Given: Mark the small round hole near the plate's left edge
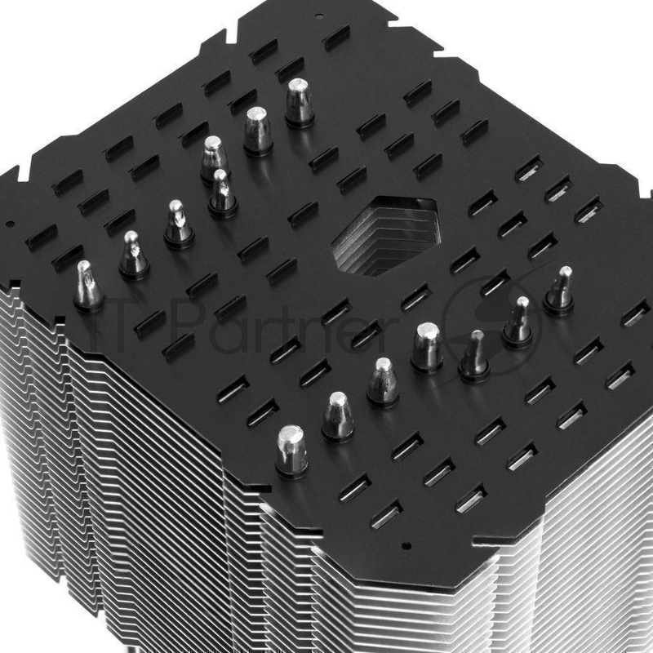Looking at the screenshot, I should [10, 222].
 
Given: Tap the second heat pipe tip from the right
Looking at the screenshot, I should [518, 320].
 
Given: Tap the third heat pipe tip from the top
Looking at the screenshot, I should [215, 157].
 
